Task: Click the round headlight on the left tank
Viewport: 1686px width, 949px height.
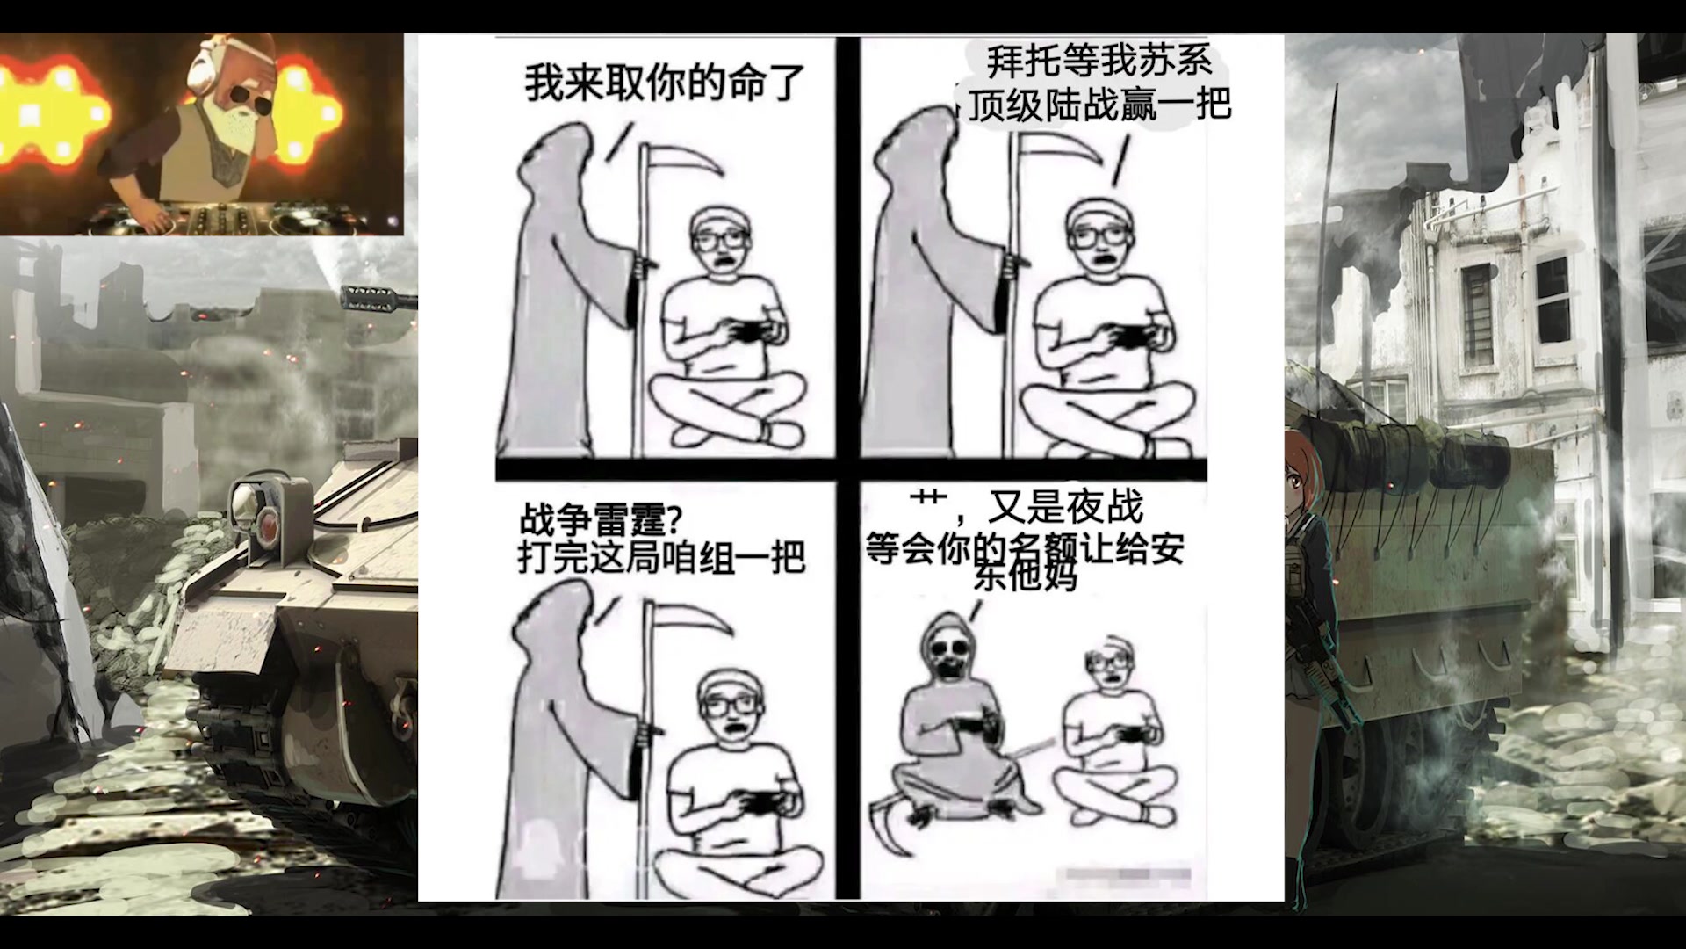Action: click(243, 502)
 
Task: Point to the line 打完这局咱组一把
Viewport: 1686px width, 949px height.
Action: click(661, 557)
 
